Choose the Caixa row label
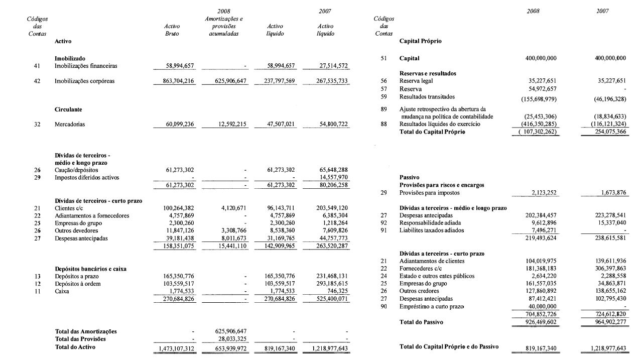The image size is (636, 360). coord(62,291)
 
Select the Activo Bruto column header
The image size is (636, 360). coord(172,30)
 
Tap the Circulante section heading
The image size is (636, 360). coord(68,108)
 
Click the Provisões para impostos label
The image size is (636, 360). coord(430,193)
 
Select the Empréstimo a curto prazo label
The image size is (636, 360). coord(431,306)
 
